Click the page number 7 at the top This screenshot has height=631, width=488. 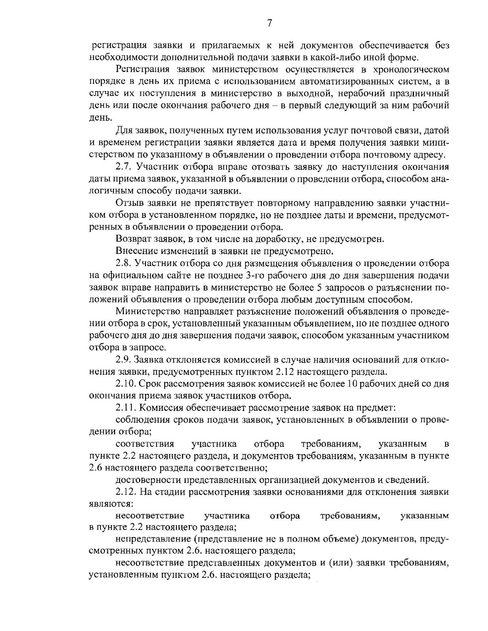point(269,23)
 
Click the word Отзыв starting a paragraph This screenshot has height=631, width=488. point(129,203)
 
